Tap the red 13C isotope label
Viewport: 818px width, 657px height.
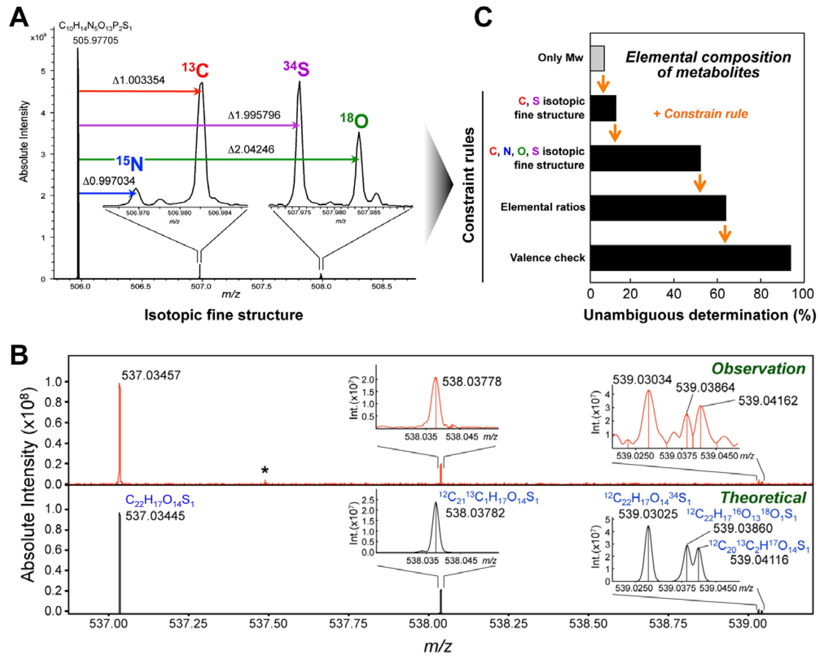tap(195, 69)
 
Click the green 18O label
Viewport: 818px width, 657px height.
tap(354, 120)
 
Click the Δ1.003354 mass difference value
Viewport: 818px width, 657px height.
tap(139, 80)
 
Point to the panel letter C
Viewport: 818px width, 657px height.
tap(483, 17)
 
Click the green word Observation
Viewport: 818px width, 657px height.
tap(758, 369)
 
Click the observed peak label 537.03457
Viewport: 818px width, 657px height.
tap(151, 375)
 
